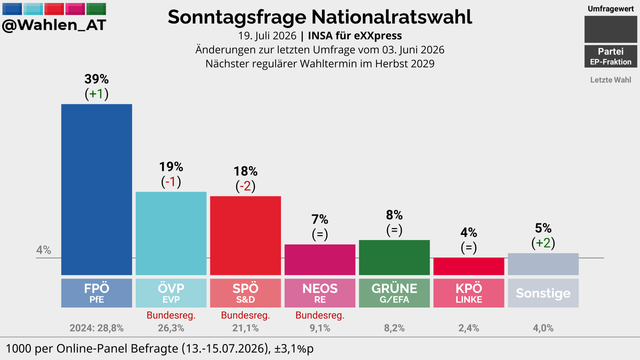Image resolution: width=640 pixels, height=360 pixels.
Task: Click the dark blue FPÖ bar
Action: (96, 189)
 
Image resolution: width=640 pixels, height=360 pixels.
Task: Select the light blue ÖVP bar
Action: (171, 233)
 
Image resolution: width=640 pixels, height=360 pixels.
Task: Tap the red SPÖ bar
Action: (245, 236)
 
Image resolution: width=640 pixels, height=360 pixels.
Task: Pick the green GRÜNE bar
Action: (394, 257)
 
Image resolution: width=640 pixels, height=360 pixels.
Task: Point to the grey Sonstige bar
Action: (543, 264)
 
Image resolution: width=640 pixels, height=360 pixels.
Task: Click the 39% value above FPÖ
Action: (96, 79)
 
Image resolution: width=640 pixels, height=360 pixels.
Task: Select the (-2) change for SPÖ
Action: (245, 186)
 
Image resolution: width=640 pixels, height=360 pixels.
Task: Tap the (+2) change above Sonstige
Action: (543, 243)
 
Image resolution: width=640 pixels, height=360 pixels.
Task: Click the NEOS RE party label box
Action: (320, 293)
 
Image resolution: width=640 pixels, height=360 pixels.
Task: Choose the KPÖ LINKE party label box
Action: (469, 293)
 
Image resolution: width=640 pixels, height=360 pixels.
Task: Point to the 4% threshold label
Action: (44, 250)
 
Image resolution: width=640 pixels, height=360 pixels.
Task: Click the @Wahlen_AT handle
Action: (54, 25)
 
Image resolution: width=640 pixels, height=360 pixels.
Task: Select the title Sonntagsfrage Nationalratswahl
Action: (320, 17)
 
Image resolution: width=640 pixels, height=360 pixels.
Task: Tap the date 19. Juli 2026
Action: (267, 36)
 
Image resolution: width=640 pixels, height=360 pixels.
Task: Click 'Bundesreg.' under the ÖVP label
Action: (171, 316)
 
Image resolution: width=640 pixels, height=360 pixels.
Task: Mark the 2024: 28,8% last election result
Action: (96, 328)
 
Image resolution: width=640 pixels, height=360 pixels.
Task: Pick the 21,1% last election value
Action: (245, 328)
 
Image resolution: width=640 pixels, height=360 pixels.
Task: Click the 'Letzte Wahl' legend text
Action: (611, 80)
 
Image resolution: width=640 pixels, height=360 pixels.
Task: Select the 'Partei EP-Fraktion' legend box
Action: (611, 56)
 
